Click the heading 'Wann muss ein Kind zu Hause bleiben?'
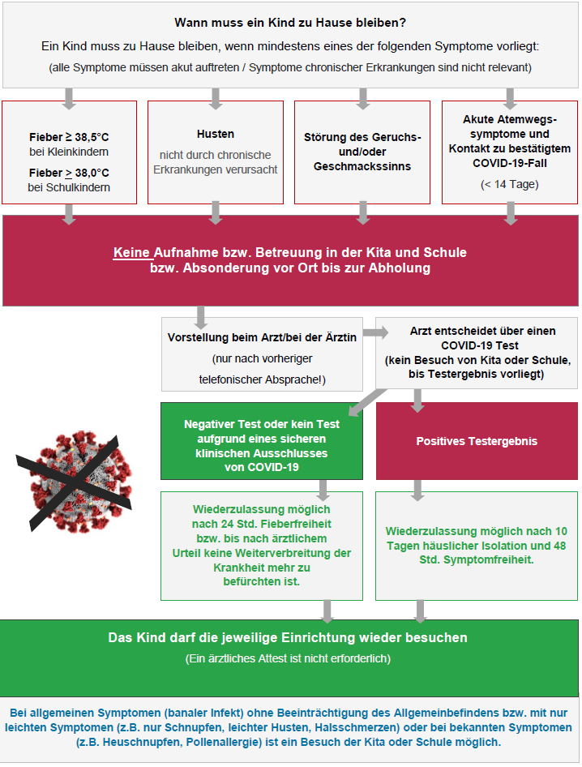tap(290, 23)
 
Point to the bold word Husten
tap(216, 134)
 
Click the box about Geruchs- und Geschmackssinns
tap(362, 152)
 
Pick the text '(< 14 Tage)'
tap(509, 184)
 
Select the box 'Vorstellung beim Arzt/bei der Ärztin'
tap(262, 354)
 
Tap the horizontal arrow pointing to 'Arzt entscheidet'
tap(375, 332)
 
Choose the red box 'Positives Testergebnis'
tap(477, 441)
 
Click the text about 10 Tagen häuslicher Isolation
tap(476, 545)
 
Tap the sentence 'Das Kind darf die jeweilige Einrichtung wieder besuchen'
tap(288, 637)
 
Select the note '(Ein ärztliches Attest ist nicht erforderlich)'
tap(288, 658)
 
